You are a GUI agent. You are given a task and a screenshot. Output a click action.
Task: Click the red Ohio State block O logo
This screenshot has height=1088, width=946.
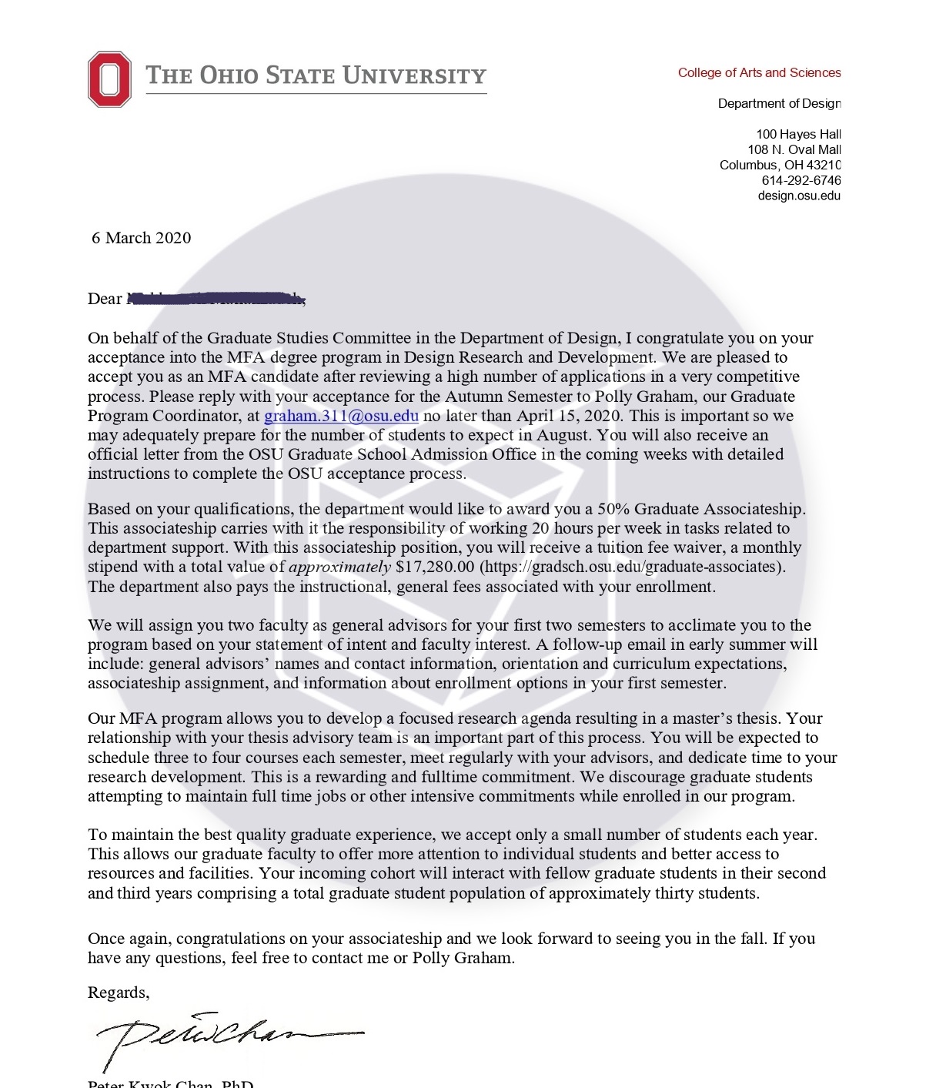pyautogui.click(x=109, y=79)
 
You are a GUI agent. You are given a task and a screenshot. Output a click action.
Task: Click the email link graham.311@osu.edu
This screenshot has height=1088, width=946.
pyautogui.click(x=341, y=416)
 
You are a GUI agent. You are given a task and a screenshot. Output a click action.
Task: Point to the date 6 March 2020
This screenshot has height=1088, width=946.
pyautogui.click(x=141, y=238)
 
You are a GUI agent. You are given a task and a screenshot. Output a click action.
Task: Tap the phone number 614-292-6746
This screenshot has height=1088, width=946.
pyautogui.click(x=801, y=180)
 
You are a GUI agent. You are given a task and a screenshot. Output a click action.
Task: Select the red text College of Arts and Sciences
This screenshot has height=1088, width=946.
pyautogui.click(x=759, y=72)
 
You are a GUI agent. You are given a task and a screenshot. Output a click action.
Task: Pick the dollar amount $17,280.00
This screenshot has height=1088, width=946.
pyautogui.click(x=435, y=567)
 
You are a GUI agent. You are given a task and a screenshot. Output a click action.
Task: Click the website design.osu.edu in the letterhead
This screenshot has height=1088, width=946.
pyautogui.click(x=799, y=196)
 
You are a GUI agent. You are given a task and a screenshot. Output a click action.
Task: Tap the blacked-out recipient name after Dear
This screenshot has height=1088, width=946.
pyautogui.click(x=216, y=298)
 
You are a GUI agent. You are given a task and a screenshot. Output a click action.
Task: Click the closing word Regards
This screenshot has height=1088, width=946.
pyautogui.click(x=118, y=993)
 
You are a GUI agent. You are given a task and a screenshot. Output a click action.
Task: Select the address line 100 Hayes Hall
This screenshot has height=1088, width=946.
pyautogui.click(x=798, y=134)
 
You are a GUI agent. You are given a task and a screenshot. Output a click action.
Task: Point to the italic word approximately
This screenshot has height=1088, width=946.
pyautogui.click(x=339, y=567)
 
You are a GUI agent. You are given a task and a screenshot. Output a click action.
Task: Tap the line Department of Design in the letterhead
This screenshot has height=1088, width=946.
pyautogui.click(x=779, y=103)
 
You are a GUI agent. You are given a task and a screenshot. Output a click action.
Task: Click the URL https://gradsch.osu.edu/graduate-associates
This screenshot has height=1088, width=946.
pyautogui.click(x=632, y=567)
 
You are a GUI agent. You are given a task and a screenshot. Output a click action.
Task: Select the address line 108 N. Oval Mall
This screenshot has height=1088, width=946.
pyautogui.click(x=794, y=149)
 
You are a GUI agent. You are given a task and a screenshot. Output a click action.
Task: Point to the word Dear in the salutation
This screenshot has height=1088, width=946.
pyautogui.click(x=105, y=299)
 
